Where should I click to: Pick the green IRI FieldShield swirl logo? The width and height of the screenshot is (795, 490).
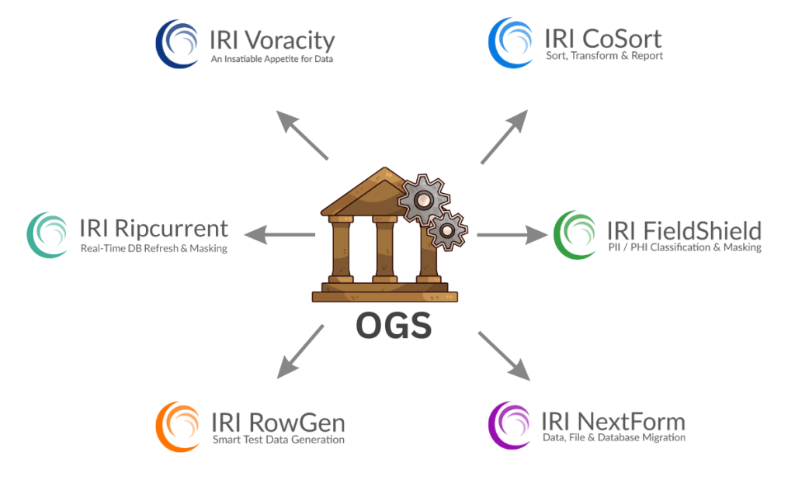(576, 234)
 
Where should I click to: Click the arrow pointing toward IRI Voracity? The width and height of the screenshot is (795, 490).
(303, 135)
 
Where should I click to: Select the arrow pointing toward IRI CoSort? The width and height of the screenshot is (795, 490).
(504, 136)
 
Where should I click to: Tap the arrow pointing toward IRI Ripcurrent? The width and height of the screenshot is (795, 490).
(279, 234)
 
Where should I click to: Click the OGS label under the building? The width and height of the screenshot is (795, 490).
(394, 326)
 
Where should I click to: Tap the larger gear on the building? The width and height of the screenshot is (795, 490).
(423, 200)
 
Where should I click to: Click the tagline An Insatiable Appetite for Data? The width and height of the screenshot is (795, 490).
(272, 59)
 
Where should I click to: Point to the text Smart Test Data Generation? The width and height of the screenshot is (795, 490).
(278, 440)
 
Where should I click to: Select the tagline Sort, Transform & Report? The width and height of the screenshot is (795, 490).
(604, 56)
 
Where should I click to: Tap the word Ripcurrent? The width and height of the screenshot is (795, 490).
(172, 229)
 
